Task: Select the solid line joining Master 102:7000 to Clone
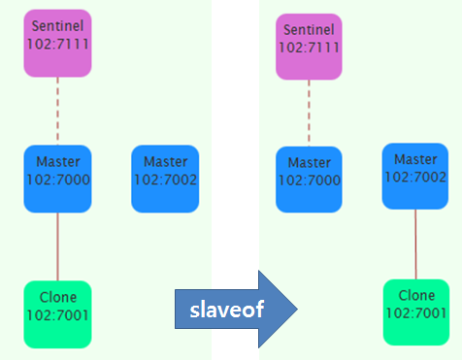(57, 246)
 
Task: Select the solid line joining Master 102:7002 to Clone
(415, 244)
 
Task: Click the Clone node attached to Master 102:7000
(57, 313)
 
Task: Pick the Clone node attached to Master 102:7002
(416, 311)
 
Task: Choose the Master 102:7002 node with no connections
(165, 179)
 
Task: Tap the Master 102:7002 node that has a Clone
(415, 176)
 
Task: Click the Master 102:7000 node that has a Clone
(57, 179)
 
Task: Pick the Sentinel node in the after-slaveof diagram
(310, 47)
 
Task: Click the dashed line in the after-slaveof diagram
(310, 115)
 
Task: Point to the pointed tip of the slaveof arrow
(293, 308)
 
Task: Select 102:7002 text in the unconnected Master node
(165, 187)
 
